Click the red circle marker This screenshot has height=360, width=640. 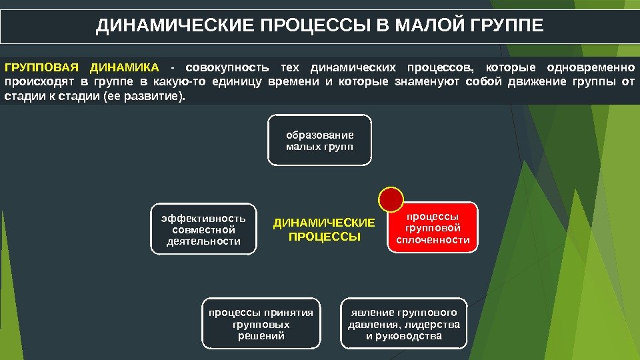click(x=391, y=199)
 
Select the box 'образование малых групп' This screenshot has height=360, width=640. click(x=319, y=140)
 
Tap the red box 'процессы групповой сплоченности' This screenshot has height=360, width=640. click(x=433, y=228)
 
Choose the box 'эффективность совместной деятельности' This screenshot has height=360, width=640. click(x=203, y=229)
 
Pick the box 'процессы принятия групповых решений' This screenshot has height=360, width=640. click(x=261, y=324)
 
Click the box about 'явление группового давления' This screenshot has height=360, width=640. click(x=404, y=324)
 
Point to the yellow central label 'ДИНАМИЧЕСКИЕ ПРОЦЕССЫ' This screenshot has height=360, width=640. click(x=324, y=229)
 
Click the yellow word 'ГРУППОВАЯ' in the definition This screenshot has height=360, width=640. click(x=41, y=67)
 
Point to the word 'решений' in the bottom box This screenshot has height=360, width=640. click(x=261, y=336)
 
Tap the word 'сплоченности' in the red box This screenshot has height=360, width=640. click(x=433, y=240)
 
